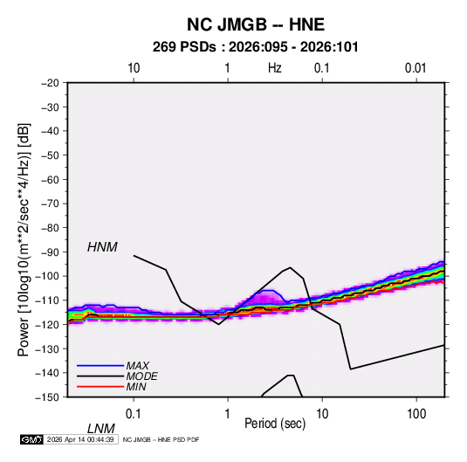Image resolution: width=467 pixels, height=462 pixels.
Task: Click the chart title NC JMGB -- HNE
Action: [x=256, y=24]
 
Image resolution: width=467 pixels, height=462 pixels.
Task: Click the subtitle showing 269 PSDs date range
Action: [x=256, y=47]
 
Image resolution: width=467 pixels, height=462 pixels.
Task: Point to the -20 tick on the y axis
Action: [x=50, y=83]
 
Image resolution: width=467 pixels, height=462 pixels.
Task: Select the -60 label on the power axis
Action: [x=50, y=179]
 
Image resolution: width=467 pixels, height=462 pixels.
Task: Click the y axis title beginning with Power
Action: [x=24, y=240]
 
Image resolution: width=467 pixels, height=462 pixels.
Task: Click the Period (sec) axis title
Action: [x=275, y=424]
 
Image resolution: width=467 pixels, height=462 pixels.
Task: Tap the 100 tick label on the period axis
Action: [x=416, y=414]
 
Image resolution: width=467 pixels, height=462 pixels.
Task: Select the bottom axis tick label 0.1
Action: [x=134, y=414]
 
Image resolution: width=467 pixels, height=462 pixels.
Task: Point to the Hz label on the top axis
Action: [x=275, y=68]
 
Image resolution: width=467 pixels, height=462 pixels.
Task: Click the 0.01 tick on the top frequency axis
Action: [x=415, y=68]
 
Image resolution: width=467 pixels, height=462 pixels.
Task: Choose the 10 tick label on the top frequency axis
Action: [x=134, y=68]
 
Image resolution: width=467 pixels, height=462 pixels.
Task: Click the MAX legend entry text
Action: [x=137, y=366]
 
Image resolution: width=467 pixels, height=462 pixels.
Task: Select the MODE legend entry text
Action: [x=141, y=376]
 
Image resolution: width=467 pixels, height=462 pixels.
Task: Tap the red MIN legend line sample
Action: [x=100, y=387]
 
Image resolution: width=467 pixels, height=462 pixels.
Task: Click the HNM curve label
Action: [x=102, y=247]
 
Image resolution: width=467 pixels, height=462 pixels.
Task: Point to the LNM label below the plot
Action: [x=100, y=429]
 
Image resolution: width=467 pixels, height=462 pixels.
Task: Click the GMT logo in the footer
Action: [x=31, y=439]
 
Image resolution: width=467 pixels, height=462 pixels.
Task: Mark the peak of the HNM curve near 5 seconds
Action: [x=291, y=267]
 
